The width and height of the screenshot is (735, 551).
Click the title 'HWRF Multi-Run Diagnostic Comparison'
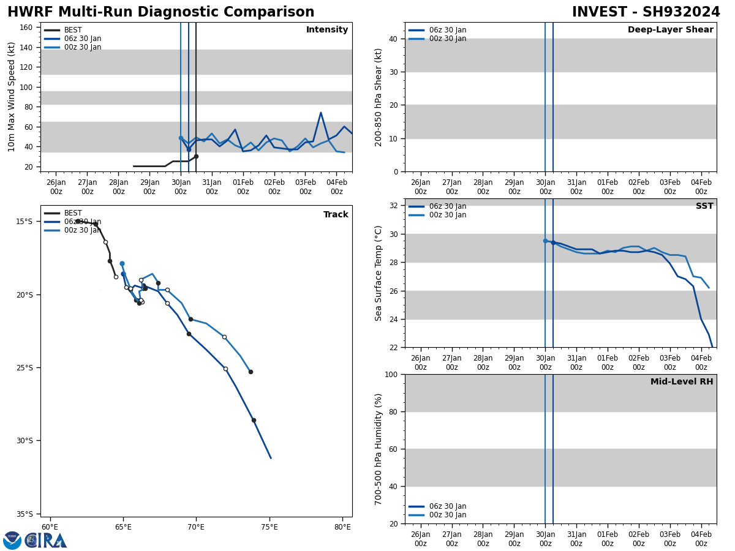click(x=160, y=12)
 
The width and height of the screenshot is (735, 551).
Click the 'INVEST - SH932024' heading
click(x=646, y=12)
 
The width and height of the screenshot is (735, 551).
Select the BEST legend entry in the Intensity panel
click(x=73, y=30)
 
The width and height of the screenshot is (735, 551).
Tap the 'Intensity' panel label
click(x=327, y=30)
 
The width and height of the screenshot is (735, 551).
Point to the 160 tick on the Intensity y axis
click(x=26, y=28)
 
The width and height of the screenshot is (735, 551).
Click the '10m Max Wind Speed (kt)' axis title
click(x=12, y=97)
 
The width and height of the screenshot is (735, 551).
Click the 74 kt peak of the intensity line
click(x=320, y=113)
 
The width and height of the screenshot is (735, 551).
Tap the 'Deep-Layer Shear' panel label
click(x=670, y=30)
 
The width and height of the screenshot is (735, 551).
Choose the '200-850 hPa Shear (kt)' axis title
click(x=379, y=97)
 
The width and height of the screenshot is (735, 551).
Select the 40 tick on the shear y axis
click(x=393, y=39)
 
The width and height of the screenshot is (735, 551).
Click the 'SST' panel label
click(x=704, y=206)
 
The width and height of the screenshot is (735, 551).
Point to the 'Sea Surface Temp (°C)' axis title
click(x=379, y=273)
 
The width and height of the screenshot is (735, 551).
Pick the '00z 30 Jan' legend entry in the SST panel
click(x=447, y=215)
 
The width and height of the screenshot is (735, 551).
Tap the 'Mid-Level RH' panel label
click(x=682, y=382)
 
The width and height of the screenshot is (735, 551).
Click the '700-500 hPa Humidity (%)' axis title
click(x=379, y=449)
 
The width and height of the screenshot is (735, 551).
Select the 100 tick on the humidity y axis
click(x=391, y=374)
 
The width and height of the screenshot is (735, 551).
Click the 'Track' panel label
click(x=336, y=215)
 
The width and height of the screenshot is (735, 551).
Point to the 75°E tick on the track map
click(x=269, y=527)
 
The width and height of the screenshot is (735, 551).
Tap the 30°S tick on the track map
click(x=24, y=441)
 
